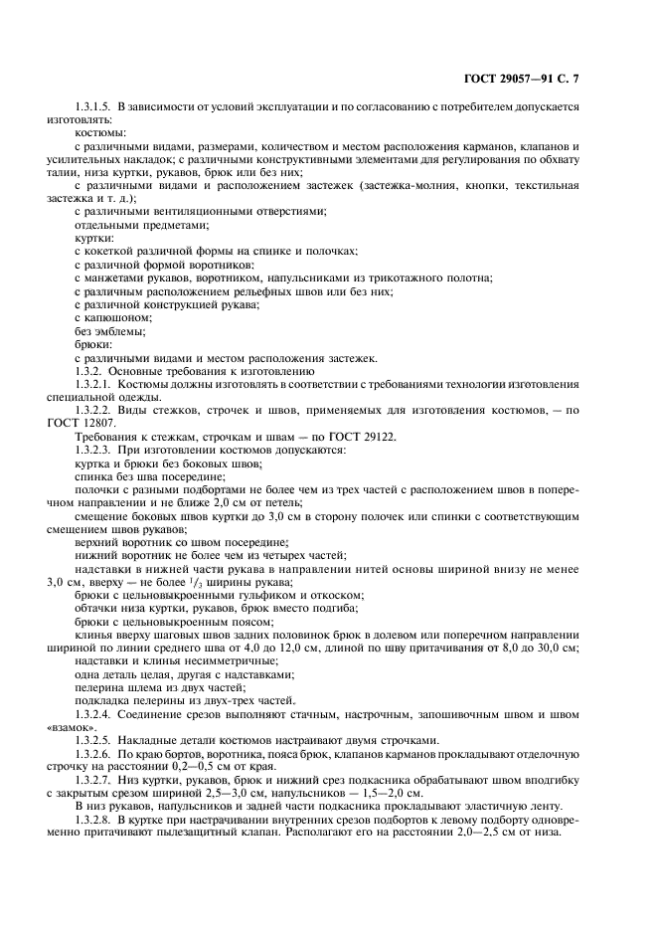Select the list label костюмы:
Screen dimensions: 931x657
pos(100,131)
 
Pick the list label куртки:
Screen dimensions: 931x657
pos(94,238)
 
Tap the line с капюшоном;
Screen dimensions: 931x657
pos(112,317)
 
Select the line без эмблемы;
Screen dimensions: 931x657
pos(109,330)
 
